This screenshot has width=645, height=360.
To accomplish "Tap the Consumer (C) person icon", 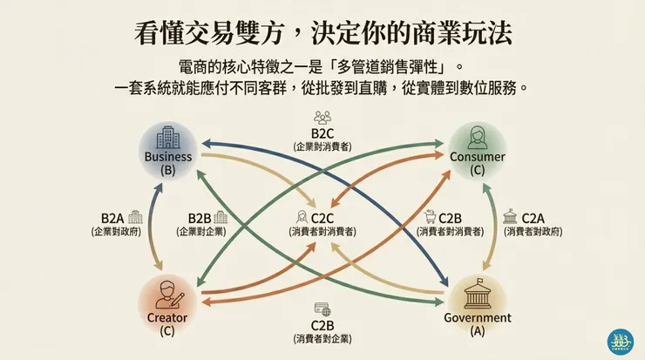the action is click(477, 136).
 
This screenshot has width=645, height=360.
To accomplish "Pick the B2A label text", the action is click(112, 217).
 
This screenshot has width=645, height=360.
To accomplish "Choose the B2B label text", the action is click(200, 217).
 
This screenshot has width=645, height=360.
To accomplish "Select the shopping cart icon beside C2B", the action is click(430, 217).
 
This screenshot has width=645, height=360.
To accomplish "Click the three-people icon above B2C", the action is click(322, 117).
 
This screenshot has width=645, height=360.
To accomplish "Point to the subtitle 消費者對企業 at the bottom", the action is click(322, 338).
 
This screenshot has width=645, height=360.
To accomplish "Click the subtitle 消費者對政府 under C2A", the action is click(533, 232).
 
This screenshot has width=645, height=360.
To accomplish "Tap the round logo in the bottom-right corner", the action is click(620, 341).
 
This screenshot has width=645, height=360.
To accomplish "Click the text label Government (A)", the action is click(477, 324).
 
